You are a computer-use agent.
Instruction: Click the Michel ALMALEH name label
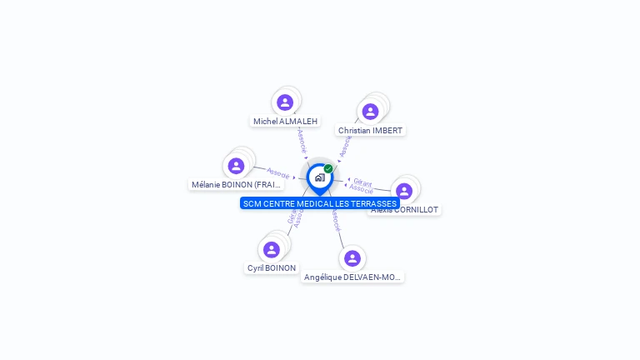click(285, 121)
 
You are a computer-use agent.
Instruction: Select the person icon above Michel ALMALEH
click(285, 102)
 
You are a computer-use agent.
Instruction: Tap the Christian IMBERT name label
click(370, 131)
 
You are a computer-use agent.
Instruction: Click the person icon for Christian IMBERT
click(370, 112)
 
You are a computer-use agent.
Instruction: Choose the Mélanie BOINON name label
click(237, 185)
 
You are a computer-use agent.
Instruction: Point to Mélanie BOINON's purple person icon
click(237, 166)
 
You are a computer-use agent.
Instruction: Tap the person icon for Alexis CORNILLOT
click(404, 191)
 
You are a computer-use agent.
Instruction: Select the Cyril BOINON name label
click(271, 268)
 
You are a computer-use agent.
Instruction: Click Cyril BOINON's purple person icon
click(271, 249)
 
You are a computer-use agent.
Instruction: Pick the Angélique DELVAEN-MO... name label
click(352, 277)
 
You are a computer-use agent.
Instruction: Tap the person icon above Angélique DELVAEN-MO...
click(352, 258)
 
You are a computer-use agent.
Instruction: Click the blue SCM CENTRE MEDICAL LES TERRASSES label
click(320, 203)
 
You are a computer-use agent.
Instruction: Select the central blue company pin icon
click(319, 177)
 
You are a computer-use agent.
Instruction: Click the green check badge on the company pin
click(328, 168)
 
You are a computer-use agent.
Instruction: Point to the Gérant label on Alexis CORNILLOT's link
click(362, 182)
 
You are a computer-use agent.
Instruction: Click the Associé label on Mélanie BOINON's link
click(277, 172)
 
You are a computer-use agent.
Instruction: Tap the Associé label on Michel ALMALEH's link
click(302, 139)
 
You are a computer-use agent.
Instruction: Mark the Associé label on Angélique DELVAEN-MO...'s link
click(335, 220)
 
